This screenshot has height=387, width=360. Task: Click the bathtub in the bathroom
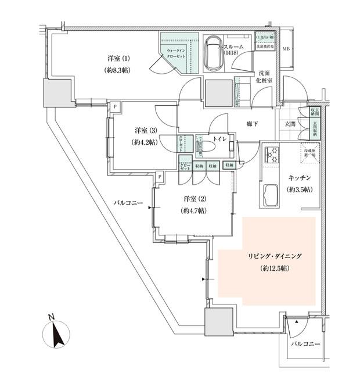point(213,53)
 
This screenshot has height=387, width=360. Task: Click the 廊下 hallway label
point(251,124)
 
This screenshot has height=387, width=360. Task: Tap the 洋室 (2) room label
point(192,199)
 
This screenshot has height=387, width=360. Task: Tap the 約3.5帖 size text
point(299,190)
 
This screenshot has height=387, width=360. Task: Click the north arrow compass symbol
point(56,335)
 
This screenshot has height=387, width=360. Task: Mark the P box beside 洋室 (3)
point(115,107)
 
